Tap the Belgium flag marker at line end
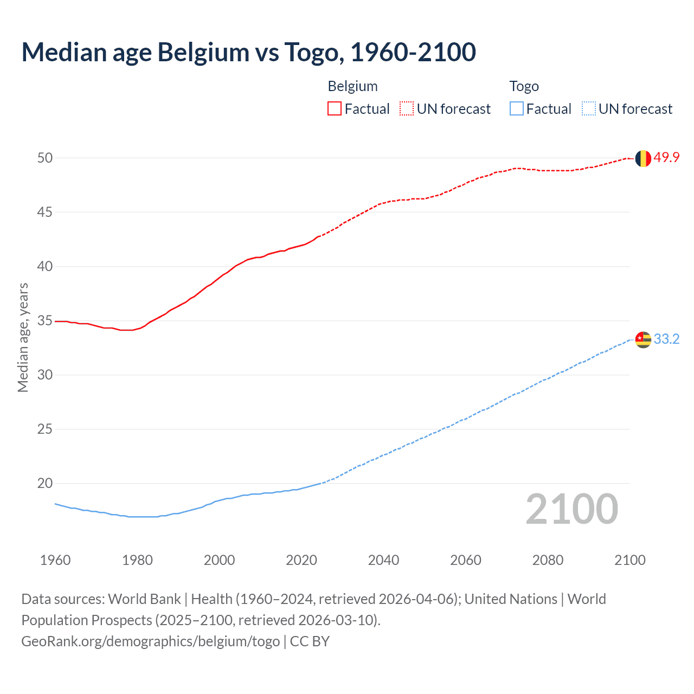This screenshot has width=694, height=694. (642, 158)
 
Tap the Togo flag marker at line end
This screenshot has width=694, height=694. (642, 339)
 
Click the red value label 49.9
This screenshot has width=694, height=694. (666, 158)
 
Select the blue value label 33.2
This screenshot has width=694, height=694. (666, 339)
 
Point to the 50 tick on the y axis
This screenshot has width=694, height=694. (45, 158)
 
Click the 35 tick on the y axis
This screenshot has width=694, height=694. (45, 320)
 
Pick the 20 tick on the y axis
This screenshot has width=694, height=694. (45, 483)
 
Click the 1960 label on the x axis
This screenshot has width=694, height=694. (55, 560)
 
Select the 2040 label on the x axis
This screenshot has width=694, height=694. (383, 560)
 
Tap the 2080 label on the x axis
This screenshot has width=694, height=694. (548, 560)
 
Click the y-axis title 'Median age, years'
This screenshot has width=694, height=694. (23, 337)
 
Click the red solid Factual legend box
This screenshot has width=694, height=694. (335, 109)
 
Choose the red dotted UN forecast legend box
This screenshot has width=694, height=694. (407, 109)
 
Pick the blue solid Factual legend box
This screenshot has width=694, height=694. (517, 109)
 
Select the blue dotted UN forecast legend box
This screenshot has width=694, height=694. (588, 109)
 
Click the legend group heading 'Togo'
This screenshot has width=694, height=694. (524, 86)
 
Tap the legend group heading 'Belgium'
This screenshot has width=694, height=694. (352, 86)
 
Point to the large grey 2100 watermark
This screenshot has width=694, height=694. (571, 509)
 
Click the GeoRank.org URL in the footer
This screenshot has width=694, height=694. (150, 641)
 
